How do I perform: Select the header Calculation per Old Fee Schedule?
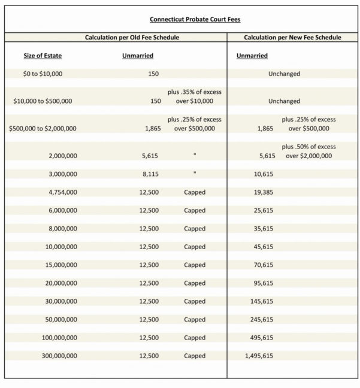point(132,37)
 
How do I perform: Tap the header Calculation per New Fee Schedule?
point(293,37)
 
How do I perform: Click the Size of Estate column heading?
point(43,56)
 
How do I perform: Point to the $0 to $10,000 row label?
point(43,74)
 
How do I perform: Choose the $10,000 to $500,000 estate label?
point(43,101)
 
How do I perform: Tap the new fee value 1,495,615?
point(259,356)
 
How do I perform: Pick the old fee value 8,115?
point(152,174)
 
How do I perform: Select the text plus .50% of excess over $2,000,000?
point(308,151)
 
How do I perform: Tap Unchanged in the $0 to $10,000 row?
point(285,74)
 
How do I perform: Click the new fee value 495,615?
point(262,338)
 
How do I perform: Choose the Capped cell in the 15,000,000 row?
point(195,265)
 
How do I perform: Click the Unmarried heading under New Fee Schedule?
point(252,56)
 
